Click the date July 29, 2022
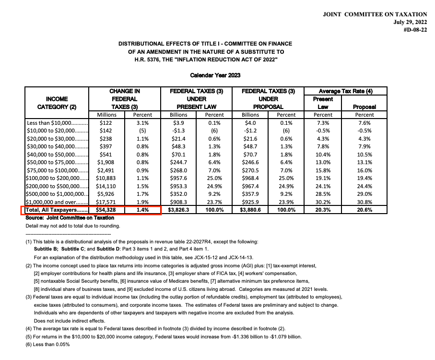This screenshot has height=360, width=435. [x=410, y=22]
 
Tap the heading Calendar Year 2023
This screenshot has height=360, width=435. [x=215, y=75]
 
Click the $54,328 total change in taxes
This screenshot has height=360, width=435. [x=107, y=210]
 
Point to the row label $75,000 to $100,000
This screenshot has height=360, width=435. [x=58, y=169]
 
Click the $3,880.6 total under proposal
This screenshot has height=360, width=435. [x=250, y=210]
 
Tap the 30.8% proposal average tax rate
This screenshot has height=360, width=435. [x=364, y=202]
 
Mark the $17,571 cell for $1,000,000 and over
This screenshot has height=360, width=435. [x=107, y=202]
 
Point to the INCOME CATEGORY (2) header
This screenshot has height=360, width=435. [x=57, y=103]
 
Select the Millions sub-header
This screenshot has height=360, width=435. [x=107, y=115]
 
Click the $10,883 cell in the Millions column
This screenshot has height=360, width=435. [x=107, y=177]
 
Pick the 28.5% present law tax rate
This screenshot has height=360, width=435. [x=323, y=194]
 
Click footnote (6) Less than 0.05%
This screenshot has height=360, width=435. [x=47, y=345]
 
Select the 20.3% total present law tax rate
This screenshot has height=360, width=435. [x=323, y=210]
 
